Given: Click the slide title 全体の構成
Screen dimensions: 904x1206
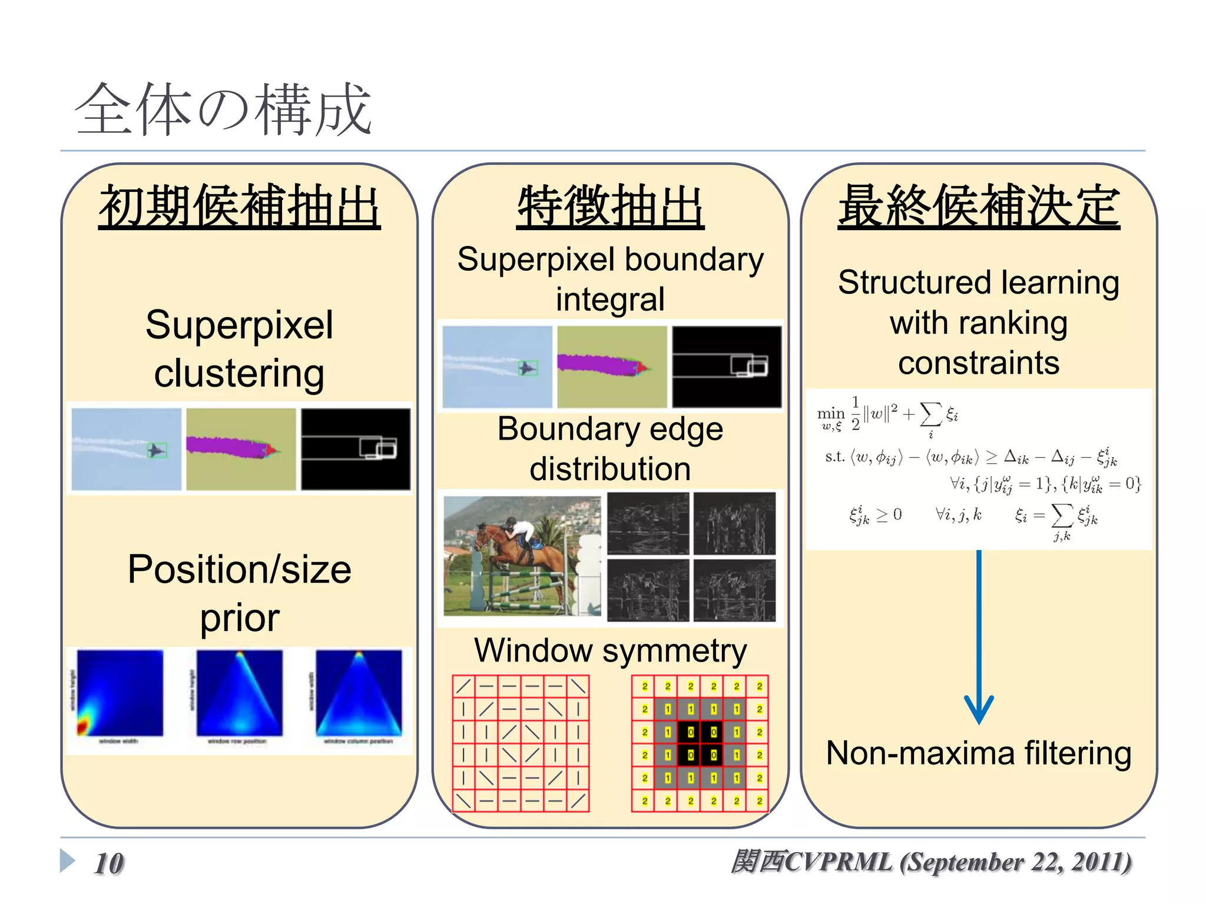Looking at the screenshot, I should (223, 110).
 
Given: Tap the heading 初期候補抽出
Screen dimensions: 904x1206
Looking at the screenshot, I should (239, 207).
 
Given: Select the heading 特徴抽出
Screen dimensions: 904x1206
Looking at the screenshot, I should (610, 207).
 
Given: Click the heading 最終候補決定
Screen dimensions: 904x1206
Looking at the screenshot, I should (978, 207).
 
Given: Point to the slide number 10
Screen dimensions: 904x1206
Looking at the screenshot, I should (109, 863).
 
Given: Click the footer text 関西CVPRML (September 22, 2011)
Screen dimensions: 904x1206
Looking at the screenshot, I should (930, 862).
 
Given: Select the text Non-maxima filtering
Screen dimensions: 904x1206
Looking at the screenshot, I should (978, 753).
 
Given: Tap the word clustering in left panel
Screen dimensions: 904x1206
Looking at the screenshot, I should (239, 373).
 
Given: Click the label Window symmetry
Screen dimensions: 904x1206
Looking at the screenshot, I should (610, 650).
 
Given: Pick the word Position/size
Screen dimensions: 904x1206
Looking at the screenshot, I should (239, 570).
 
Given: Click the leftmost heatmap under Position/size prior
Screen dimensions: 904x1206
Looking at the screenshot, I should (120, 693).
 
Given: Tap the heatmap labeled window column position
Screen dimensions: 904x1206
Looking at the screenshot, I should (359, 693).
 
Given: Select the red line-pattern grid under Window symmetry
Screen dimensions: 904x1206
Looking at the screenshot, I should (521, 743).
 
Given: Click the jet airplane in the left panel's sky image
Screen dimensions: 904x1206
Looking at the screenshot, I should (156, 450).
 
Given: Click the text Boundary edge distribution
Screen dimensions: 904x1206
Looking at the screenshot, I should (610, 448).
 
